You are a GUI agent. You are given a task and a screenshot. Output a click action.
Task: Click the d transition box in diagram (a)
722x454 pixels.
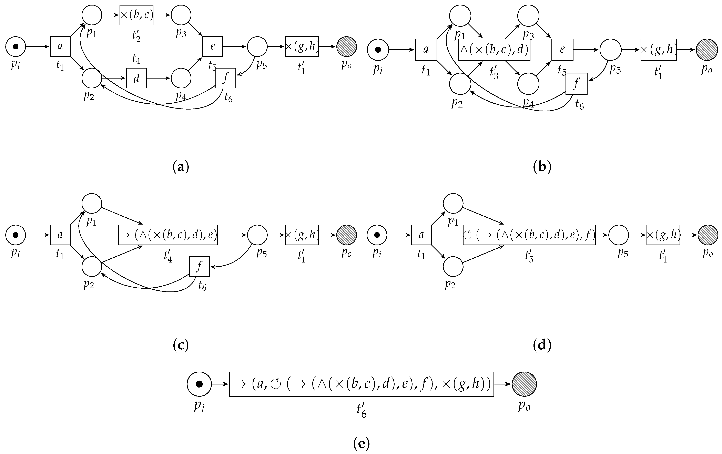pyautogui.click(x=136, y=78)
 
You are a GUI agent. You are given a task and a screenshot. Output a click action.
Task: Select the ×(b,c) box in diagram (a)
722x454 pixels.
pyautogui.click(x=136, y=15)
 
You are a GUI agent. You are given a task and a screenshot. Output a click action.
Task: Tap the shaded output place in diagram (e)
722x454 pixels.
pyautogui.click(x=524, y=384)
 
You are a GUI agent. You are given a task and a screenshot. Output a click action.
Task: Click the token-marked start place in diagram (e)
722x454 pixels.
pyautogui.click(x=199, y=384)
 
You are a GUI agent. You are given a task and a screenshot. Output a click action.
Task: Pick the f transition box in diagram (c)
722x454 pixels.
pyautogui.click(x=199, y=266)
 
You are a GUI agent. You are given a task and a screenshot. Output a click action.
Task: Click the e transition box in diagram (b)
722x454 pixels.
pyautogui.click(x=562, y=50)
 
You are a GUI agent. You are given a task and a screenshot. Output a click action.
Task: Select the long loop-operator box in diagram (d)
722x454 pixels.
pyautogui.click(x=529, y=235)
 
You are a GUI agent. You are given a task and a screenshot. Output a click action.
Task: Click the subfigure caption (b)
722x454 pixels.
pyautogui.click(x=542, y=167)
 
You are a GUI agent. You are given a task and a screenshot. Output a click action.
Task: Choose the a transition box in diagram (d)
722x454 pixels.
pyautogui.click(x=421, y=235)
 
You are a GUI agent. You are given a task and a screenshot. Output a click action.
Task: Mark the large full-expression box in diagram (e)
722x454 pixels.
pyautogui.click(x=362, y=384)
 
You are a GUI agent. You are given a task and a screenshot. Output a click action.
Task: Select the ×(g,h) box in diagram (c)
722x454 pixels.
pyautogui.click(x=302, y=235)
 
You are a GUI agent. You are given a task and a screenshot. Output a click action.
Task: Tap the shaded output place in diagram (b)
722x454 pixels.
pyautogui.click(x=707, y=50)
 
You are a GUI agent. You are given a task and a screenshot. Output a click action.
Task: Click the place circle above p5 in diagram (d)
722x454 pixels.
pyautogui.click(x=619, y=235)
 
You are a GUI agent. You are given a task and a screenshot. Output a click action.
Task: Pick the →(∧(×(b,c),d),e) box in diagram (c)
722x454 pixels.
pyautogui.click(x=168, y=235)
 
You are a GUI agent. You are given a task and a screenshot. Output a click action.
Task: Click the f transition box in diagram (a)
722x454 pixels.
pyautogui.click(x=226, y=78)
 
